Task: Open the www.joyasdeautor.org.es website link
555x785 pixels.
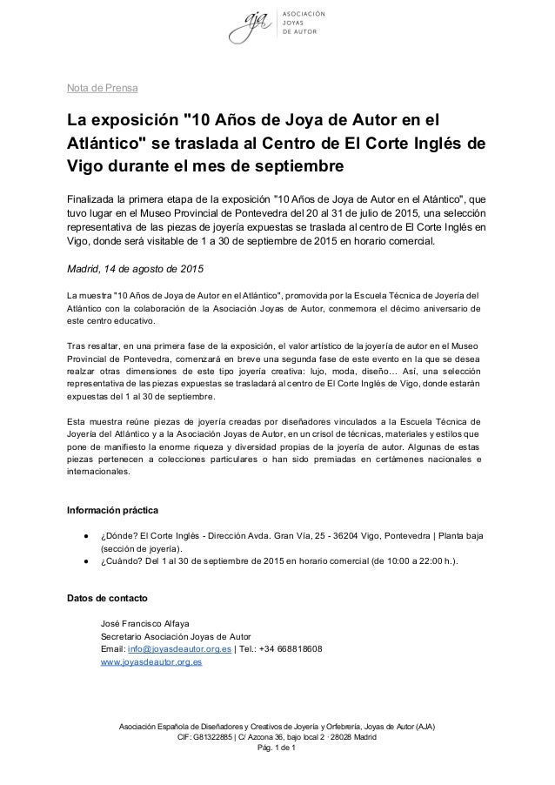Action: point(151,661)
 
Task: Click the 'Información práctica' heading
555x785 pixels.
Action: point(113,509)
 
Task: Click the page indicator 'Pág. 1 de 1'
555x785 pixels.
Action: point(277,752)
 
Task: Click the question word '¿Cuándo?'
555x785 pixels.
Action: point(122,561)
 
